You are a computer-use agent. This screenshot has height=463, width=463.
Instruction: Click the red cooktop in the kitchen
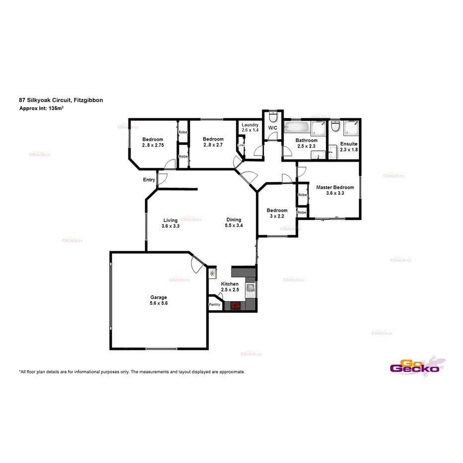(235, 306)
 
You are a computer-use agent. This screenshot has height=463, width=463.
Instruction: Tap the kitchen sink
(250, 288)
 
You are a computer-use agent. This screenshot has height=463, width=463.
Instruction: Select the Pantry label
(215, 305)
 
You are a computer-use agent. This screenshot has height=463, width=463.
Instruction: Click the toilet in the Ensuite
(336, 128)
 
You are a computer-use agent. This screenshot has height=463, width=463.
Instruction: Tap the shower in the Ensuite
(352, 128)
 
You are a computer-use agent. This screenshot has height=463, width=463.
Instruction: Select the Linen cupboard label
(241, 146)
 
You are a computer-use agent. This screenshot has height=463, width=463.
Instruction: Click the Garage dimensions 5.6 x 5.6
(159, 303)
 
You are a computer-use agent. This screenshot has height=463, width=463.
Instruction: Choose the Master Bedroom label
(335, 187)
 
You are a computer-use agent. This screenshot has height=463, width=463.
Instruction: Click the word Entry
(149, 180)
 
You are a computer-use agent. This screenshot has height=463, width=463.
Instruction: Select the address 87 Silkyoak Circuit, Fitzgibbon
(61, 100)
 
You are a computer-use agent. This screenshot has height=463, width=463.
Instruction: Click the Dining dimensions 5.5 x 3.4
(233, 226)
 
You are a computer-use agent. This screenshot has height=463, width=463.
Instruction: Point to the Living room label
(170, 220)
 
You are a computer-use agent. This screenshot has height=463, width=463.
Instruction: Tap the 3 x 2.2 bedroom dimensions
(277, 216)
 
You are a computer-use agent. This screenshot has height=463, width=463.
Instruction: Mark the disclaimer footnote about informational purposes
(132, 372)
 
